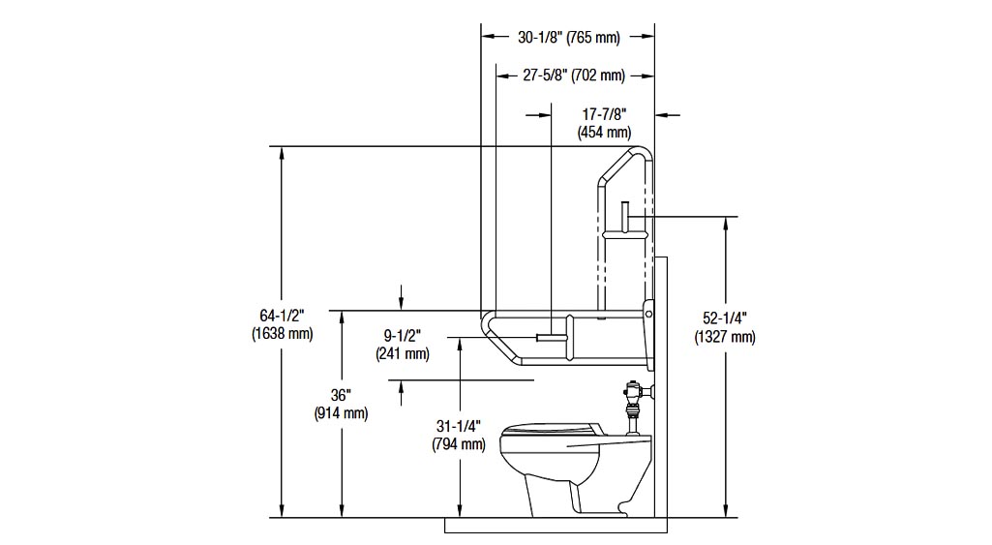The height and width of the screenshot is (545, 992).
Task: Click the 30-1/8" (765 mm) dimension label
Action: [x=569, y=38]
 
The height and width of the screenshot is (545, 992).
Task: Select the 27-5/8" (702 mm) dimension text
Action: [x=574, y=76]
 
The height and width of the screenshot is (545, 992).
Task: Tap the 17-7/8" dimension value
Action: [x=604, y=114]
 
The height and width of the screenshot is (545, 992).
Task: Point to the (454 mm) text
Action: [x=604, y=133]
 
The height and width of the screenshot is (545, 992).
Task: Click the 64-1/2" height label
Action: [x=283, y=316]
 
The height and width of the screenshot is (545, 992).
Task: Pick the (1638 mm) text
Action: [x=283, y=334]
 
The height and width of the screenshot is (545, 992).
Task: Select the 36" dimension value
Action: [x=341, y=395]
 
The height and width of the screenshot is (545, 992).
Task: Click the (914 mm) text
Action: [x=341, y=413]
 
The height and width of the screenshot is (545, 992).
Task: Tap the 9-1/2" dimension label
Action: [x=403, y=335]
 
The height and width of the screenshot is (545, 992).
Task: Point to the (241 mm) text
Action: [x=403, y=353]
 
